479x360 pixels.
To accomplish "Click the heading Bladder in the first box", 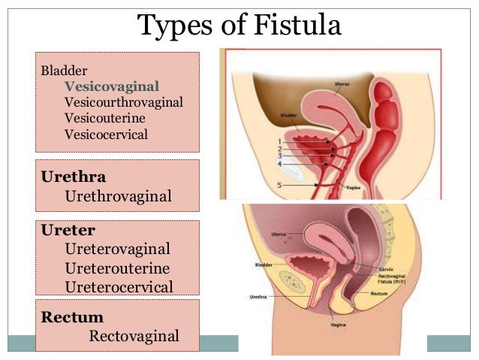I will click(x=59, y=70).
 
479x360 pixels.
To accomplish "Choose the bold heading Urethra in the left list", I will click(x=74, y=177).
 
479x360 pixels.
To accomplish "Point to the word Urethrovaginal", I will click(x=119, y=196).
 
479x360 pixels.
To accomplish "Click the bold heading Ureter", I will click(x=68, y=230).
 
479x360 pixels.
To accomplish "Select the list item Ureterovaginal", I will click(x=118, y=248).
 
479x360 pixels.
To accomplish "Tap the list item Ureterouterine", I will click(x=117, y=268).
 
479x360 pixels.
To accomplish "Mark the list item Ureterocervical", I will click(x=119, y=286).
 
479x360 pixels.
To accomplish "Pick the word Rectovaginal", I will click(x=134, y=335).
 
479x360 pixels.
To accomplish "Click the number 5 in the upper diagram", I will click(x=279, y=184).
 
